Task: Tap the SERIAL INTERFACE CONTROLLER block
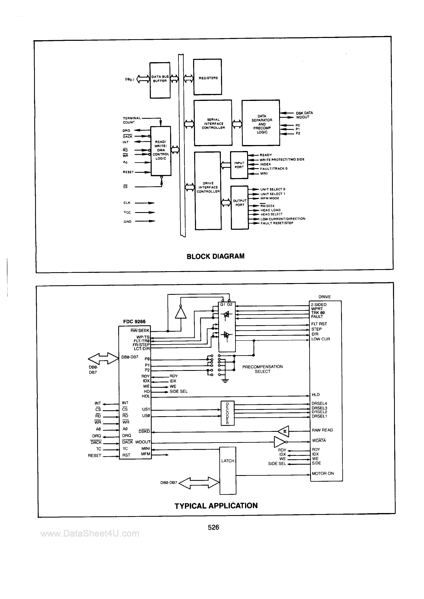[213, 123]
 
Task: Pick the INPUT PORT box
[239, 165]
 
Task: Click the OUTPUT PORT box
[240, 207]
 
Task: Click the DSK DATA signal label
[304, 113]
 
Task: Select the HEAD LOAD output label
[270, 210]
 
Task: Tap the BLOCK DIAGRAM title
[215, 256]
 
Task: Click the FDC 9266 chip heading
[134, 321]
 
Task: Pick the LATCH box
[228, 468]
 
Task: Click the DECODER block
[227, 413]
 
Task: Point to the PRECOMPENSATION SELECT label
[262, 369]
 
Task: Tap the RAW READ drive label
[322, 430]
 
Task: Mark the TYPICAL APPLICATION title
[216, 506]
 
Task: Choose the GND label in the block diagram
[127, 222]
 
